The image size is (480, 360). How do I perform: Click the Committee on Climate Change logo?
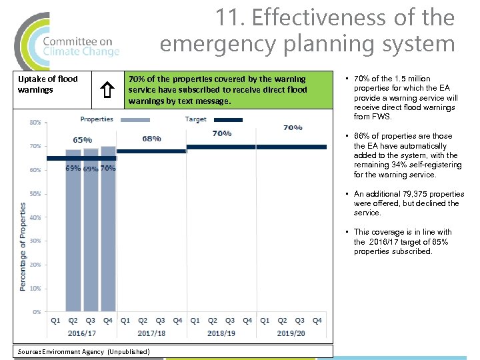pos(67,42)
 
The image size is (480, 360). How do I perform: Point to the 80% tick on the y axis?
pos(35,122)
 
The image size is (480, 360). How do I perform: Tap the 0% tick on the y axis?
pos(37,311)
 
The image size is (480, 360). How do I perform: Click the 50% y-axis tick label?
pos(35,194)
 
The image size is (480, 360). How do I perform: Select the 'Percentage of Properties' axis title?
pos(23,247)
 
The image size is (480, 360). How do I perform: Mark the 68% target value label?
pos(151,139)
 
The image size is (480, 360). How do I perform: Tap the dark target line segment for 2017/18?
pos(151,151)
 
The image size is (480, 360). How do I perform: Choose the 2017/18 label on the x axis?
pos(151,333)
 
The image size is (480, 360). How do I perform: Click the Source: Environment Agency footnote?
pos(84,351)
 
